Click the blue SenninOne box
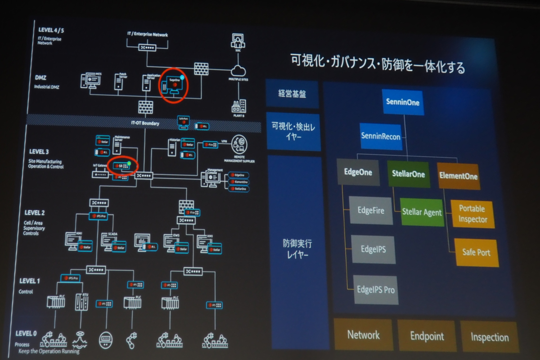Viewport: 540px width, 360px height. pyautogui.click(x=403, y=102)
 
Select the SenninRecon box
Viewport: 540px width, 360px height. pyautogui.click(x=381, y=136)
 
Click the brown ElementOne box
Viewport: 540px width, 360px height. pyautogui.click(x=458, y=176)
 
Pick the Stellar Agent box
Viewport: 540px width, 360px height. pyautogui.click(x=422, y=211)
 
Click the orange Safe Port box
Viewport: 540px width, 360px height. pyautogui.click(x=476, y=252)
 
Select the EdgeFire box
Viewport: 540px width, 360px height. pyautogui.click(x=371, y=210)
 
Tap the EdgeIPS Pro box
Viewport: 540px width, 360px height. pyautogui.click(x=375, y=289)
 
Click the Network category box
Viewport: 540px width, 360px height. pyautogui.click(x=363, y=335)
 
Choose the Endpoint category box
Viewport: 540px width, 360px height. pyautogui.click(x=427, y=336)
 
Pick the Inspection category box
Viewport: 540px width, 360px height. pyautogui.click(x=490, y=337)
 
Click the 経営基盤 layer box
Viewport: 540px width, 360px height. pyautogui.click(x=292, y=94)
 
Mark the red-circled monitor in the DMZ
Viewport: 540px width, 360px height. pyautogui.click(x=174, y=84)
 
